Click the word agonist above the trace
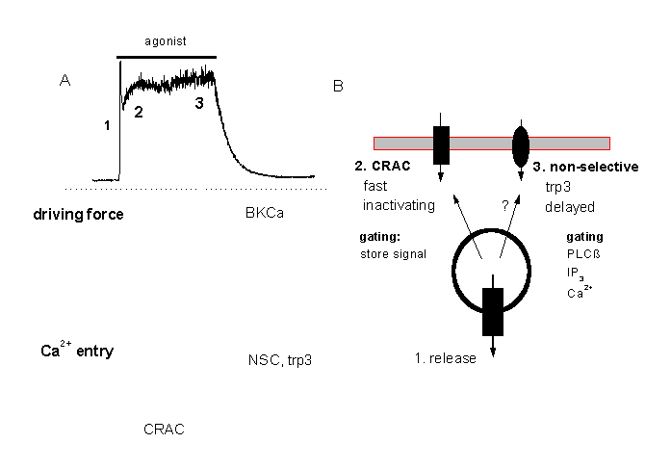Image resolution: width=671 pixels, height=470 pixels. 166,43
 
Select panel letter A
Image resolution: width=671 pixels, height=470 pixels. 65,82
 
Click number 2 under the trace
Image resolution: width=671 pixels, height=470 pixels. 138,111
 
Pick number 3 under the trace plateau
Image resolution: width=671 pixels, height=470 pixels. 199,104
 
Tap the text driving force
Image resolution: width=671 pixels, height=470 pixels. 76,213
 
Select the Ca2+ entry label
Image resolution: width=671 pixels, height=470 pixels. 76,351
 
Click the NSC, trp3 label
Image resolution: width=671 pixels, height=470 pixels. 280,360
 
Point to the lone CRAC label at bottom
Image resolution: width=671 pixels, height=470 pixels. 163,429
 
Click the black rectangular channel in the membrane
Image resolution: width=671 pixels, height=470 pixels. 442,144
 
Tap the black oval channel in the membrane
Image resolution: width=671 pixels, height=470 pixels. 522,144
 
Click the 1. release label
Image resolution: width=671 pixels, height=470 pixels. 445,359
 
